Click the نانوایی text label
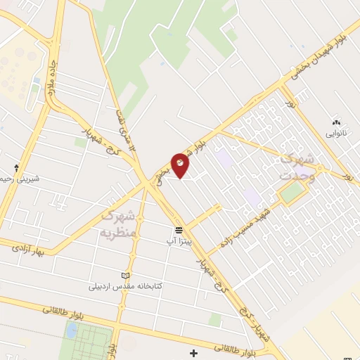click(x=335, y=131)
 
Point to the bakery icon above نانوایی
click(x=335, y=122)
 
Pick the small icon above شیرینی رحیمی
click(x=17, y=169)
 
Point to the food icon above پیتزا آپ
click(x=179, y=230)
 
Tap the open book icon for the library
click(x=127, y=276)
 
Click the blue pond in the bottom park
click(x=72, y=330)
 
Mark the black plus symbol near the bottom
click(x=194, y=352)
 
